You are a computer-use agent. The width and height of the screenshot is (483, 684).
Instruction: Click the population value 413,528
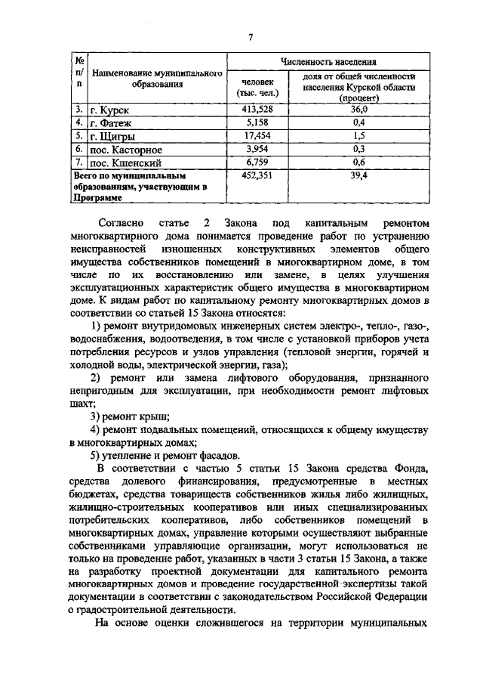257,110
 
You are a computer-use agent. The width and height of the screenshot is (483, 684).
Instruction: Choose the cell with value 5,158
257,122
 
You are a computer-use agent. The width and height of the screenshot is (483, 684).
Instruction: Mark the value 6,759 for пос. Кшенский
257,161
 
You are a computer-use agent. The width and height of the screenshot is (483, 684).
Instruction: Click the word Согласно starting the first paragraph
123,224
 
